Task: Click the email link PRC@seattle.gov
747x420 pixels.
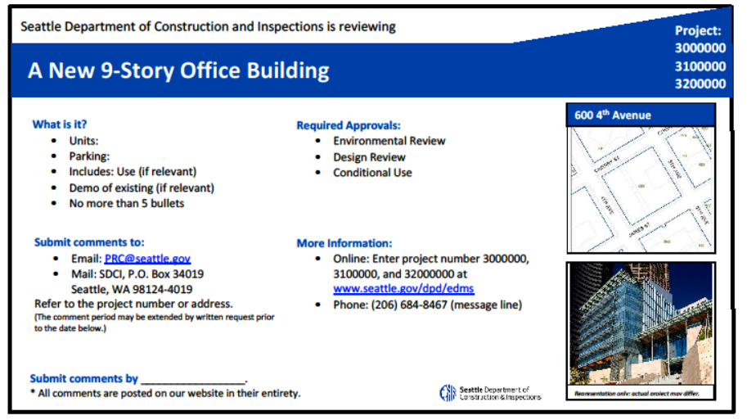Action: (x=147, y=258)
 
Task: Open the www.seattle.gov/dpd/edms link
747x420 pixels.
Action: (x=403, y=289)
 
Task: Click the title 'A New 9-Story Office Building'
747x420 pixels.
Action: (x=178, y=70)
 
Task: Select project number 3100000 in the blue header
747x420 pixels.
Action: (x=700, y=66)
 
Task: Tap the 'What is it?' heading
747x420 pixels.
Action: (x=60, y=124)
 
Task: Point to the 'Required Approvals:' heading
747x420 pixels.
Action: (x=349, y=125)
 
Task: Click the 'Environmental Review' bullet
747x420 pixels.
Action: (x=389, y=141)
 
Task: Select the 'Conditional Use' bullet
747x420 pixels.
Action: (x=372, y=173)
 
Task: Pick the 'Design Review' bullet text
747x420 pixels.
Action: (x=369, y=157)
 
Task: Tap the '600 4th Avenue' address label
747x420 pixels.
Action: (x=613, y=115)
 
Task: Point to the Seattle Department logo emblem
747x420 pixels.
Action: (x=448, y=393)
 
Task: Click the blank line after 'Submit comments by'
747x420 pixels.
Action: (x=193, y=379)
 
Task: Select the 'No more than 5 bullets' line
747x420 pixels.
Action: (x=127, y=204)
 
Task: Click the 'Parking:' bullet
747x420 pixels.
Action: (x=89, y=156)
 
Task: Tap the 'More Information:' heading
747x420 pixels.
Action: (x=344, y=243)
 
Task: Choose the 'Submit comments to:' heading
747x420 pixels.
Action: (x=89, y=242)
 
